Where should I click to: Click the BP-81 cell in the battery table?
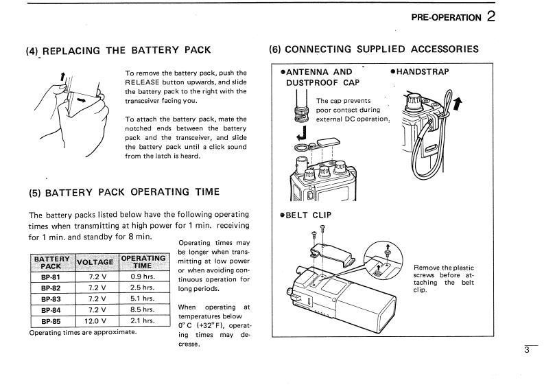click(51, 277)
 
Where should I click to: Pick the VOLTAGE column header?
click(95, 261)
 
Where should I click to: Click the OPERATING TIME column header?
click(143, 261)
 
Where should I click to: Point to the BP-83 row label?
click(51, 298)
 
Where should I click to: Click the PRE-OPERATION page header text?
click(446, 18)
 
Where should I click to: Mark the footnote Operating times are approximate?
click(82, 332)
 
